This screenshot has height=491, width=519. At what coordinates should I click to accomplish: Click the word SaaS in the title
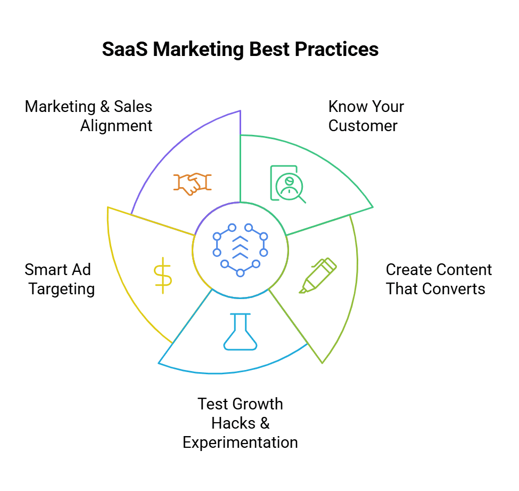pyautogui.click(x=123, y=49)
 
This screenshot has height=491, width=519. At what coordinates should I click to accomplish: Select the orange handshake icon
pyautogui.click(x=192, y=183)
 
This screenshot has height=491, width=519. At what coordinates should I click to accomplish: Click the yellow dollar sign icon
pyautogui.click(x=162, y=275)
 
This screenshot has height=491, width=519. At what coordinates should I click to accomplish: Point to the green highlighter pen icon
pyautogui.click(x=318, y=275)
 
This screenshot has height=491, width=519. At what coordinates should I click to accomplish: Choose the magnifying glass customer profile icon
pyautogui.click(x=288, y=184)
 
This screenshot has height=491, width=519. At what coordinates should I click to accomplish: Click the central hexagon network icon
pyautogui.click(x=240, y=250)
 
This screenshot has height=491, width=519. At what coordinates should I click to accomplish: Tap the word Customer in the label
pyautogui.click(x=363, y=126)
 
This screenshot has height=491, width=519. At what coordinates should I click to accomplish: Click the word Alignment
pyautogui.click(x=116, y=126)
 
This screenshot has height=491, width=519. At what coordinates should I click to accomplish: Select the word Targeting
pyautogui.click(x=62, y=289)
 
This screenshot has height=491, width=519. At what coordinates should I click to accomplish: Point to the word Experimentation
pyautogui.click(x=240, y=442)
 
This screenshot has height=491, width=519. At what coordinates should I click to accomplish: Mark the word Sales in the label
pyautogui.click(x=133, y=107)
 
